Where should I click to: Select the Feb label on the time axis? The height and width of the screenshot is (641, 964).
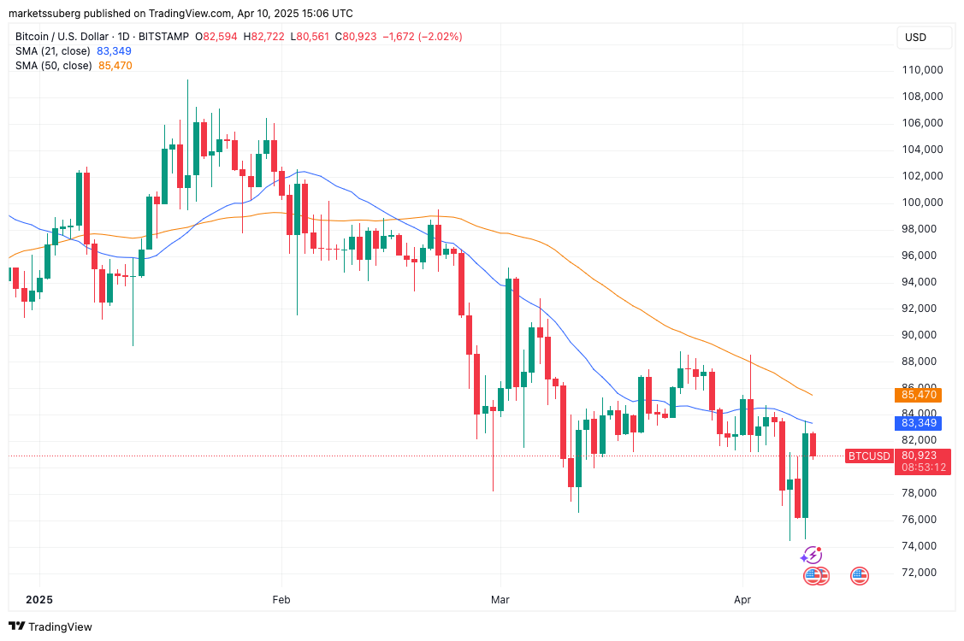[x=281, y=600]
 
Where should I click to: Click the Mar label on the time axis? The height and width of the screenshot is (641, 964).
[x=500, y=600]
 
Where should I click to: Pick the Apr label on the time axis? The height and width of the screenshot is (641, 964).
[x=742, y=600]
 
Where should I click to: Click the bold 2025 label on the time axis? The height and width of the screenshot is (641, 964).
[x=39, y=600]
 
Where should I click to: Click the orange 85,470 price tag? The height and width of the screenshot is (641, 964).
[x=920, y=395]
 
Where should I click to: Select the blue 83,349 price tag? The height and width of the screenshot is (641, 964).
[x=920, y=422]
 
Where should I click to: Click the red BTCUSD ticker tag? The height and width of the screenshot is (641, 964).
[x=868, y=456]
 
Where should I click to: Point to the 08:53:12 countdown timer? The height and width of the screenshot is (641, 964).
[x=923, y=468]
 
